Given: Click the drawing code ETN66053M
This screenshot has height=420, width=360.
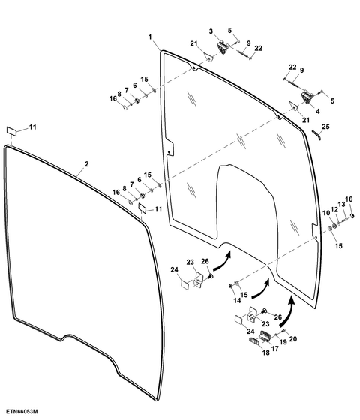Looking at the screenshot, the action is [22, 411].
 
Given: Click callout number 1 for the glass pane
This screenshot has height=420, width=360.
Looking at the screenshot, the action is [150, 37].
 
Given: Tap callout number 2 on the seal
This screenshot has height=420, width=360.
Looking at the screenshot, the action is [86, 163].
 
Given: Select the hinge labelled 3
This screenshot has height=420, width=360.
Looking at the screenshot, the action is [223, 47].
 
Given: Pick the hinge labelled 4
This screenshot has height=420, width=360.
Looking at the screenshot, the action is [307, 97].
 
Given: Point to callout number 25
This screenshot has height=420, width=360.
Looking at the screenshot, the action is [325, 127].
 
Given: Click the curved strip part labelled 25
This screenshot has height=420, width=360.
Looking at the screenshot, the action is [316, 134].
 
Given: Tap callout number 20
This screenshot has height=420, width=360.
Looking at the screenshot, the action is [293, 339].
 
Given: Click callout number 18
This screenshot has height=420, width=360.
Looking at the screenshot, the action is [266, 352].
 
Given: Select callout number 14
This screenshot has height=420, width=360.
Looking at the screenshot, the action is [237, 301].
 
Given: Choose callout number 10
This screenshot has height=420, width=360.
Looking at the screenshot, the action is [326, 213].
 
